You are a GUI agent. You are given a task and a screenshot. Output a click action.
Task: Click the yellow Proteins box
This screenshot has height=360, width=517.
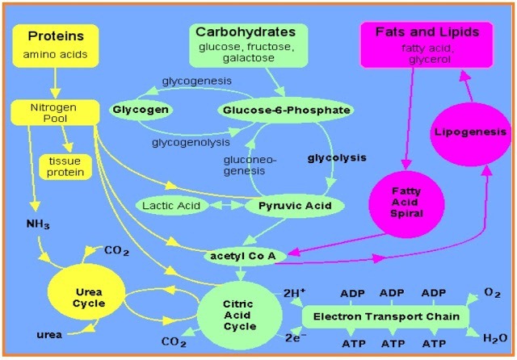pyautogui.click(x=56, y=46)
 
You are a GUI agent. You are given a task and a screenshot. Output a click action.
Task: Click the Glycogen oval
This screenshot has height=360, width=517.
pyautogui.click(x=139, y=109)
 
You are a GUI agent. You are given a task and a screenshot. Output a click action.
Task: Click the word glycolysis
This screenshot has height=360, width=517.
pyautogui.click(x=336, y=157)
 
